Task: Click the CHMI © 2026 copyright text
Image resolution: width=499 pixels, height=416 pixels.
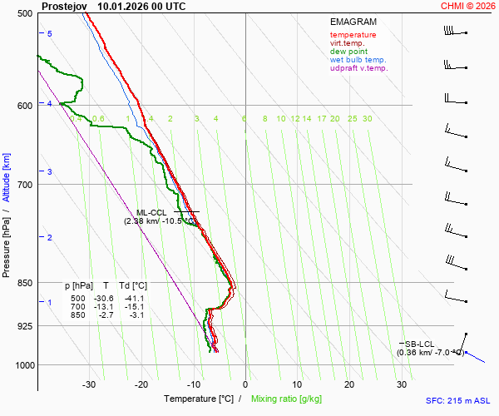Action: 468,6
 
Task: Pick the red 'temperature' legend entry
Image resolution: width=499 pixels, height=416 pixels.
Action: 353,35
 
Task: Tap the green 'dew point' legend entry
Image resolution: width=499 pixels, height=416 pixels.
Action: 348,52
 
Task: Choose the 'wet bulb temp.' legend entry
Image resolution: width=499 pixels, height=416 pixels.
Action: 358,60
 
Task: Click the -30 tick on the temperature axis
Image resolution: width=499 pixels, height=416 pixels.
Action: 89,384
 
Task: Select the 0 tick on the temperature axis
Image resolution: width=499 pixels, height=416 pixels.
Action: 245,384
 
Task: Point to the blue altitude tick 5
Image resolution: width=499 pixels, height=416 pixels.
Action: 50,33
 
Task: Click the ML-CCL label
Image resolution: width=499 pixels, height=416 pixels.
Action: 153,212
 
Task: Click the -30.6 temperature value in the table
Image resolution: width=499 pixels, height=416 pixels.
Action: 104,298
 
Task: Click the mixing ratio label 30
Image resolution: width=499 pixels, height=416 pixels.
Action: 367,119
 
